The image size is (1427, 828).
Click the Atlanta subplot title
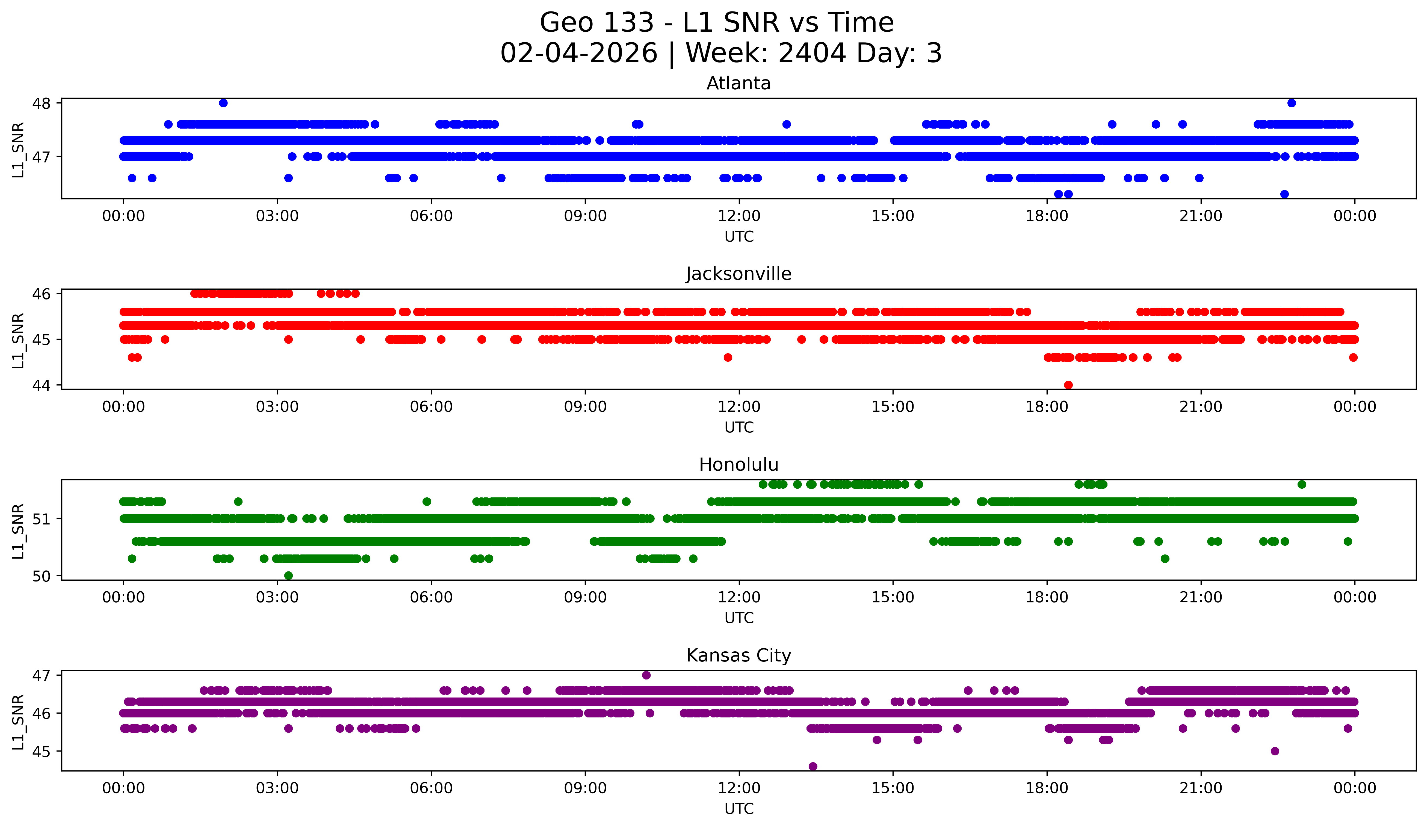coord(738,83)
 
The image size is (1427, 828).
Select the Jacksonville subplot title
coord(738,274)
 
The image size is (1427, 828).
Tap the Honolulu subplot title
coord(738,465)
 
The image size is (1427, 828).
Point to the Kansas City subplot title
coord(738,655)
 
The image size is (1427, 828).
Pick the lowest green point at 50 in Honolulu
coord(288,575)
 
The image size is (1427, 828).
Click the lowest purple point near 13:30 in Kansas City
coord(813,766)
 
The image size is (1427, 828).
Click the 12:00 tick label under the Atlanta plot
coord(739,216)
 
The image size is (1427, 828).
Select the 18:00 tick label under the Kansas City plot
coord(1047,788)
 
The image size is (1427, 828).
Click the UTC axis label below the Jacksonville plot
coord(739,427)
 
